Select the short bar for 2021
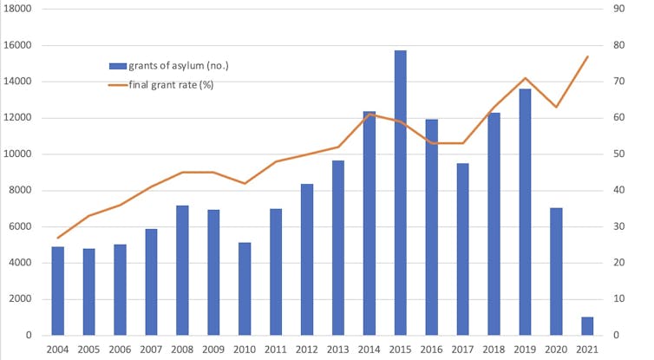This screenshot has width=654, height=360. click(587, 326)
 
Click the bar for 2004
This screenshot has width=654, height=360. click(58, 291)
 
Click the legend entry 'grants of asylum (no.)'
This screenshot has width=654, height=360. click(178, 66)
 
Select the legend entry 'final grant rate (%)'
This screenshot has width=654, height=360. click(171, 84)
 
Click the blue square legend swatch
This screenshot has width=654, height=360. click(117, 66)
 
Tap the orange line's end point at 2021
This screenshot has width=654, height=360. click(587, 57)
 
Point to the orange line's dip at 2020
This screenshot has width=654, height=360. click(556, 107)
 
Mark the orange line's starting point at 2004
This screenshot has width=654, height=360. click(58, 238)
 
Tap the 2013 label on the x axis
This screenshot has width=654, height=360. click(338, 350)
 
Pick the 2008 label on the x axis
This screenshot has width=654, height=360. click(182, 350)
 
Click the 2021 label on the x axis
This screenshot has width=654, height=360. click(587, 350)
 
